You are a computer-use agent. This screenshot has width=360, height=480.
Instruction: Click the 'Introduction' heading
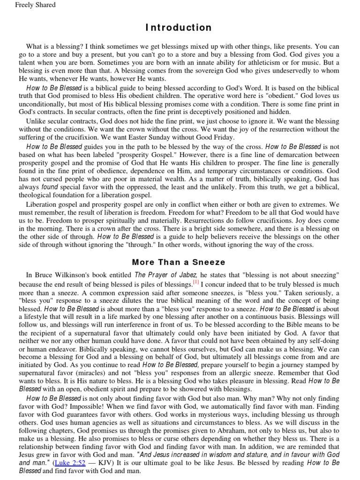[178, 28]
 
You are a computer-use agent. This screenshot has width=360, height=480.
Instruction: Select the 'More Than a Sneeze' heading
[178, 262]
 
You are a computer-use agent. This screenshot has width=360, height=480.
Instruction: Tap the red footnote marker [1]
[195, 283]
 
